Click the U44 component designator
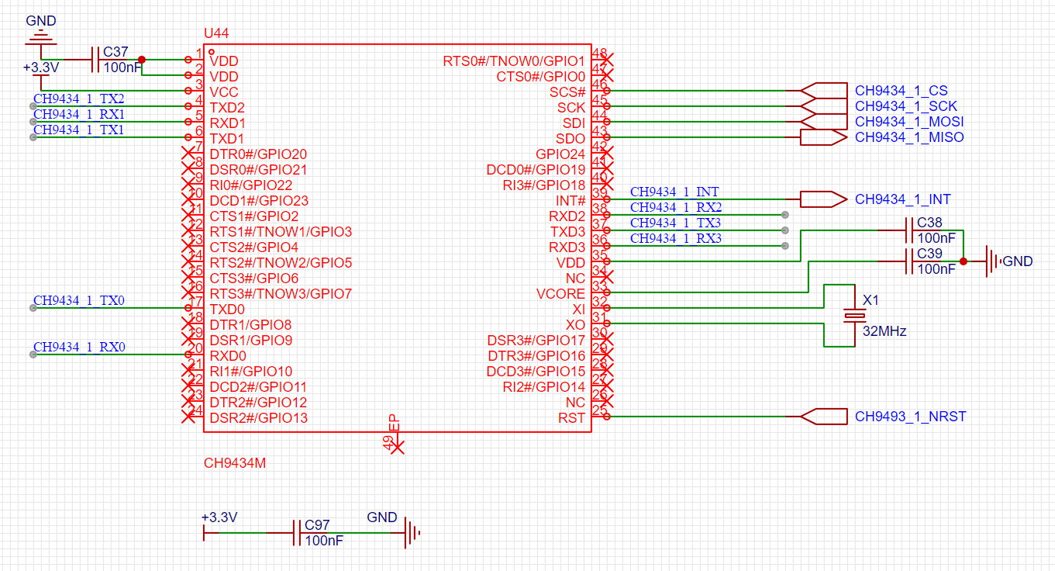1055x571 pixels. (215, 33)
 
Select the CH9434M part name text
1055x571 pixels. (235, 463)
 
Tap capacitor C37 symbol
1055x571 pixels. (97, 60)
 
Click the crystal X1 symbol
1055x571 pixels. (854, 316)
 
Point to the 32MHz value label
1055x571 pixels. (884, 331)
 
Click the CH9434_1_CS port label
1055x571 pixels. (902, 91)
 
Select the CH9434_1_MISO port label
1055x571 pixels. (909, 137)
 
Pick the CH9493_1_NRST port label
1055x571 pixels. (910, 417)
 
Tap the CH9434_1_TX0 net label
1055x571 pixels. (79, 300)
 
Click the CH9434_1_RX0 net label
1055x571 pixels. (79, 347)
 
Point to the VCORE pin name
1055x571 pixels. (560, 293)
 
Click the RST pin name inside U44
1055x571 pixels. (572, 417)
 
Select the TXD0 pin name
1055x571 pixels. (228, 309)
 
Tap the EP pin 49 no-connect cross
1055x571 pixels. (396, 447)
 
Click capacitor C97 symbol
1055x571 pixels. (297, 533)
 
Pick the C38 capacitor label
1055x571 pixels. (929, 223)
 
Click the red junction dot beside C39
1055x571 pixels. (963, 261)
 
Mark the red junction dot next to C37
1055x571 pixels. (141, 59)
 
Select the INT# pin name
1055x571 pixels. (571, 200)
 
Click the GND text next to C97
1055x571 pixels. (381, 517)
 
